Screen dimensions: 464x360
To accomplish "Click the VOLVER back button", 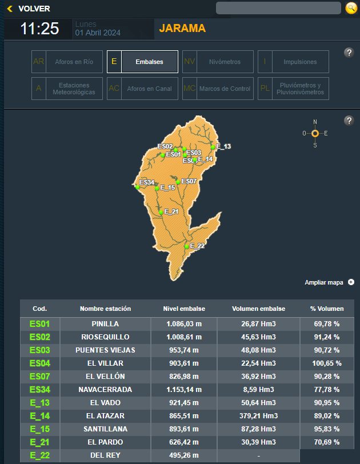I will click(x=29, y=9).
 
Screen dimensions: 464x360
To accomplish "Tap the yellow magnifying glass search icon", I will click(x=351, y=8).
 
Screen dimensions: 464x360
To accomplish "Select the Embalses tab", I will click(x=142, y=62).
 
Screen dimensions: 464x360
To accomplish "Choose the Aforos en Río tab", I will click(x=67, y=62).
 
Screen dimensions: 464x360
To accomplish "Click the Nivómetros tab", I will click(x=218, y=62).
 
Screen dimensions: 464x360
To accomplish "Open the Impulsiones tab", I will click(x=293, y=62).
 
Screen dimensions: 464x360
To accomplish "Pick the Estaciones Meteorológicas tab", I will click(x=67, y=89).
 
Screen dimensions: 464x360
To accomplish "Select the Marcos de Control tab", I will click(x=218, y=89).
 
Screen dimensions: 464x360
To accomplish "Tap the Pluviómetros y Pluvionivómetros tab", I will click(x=293, y=89).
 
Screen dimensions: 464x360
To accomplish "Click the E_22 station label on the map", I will click(x=197, y=246).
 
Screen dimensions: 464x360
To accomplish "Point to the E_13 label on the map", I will click(x=223, y=147).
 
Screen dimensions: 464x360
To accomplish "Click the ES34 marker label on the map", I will click(x=147, y=182).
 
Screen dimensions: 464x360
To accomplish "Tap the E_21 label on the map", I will click(x=171, y=211).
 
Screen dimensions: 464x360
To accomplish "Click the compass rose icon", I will click(x=315, y=133).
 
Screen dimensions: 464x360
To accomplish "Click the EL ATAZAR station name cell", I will click(x=105, y=415).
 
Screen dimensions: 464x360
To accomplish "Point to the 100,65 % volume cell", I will click(x=326, y=363).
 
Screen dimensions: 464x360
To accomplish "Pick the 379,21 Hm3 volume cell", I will click(x=258, y=415).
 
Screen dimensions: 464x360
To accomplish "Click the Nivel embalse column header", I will click(x=183, y=309).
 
